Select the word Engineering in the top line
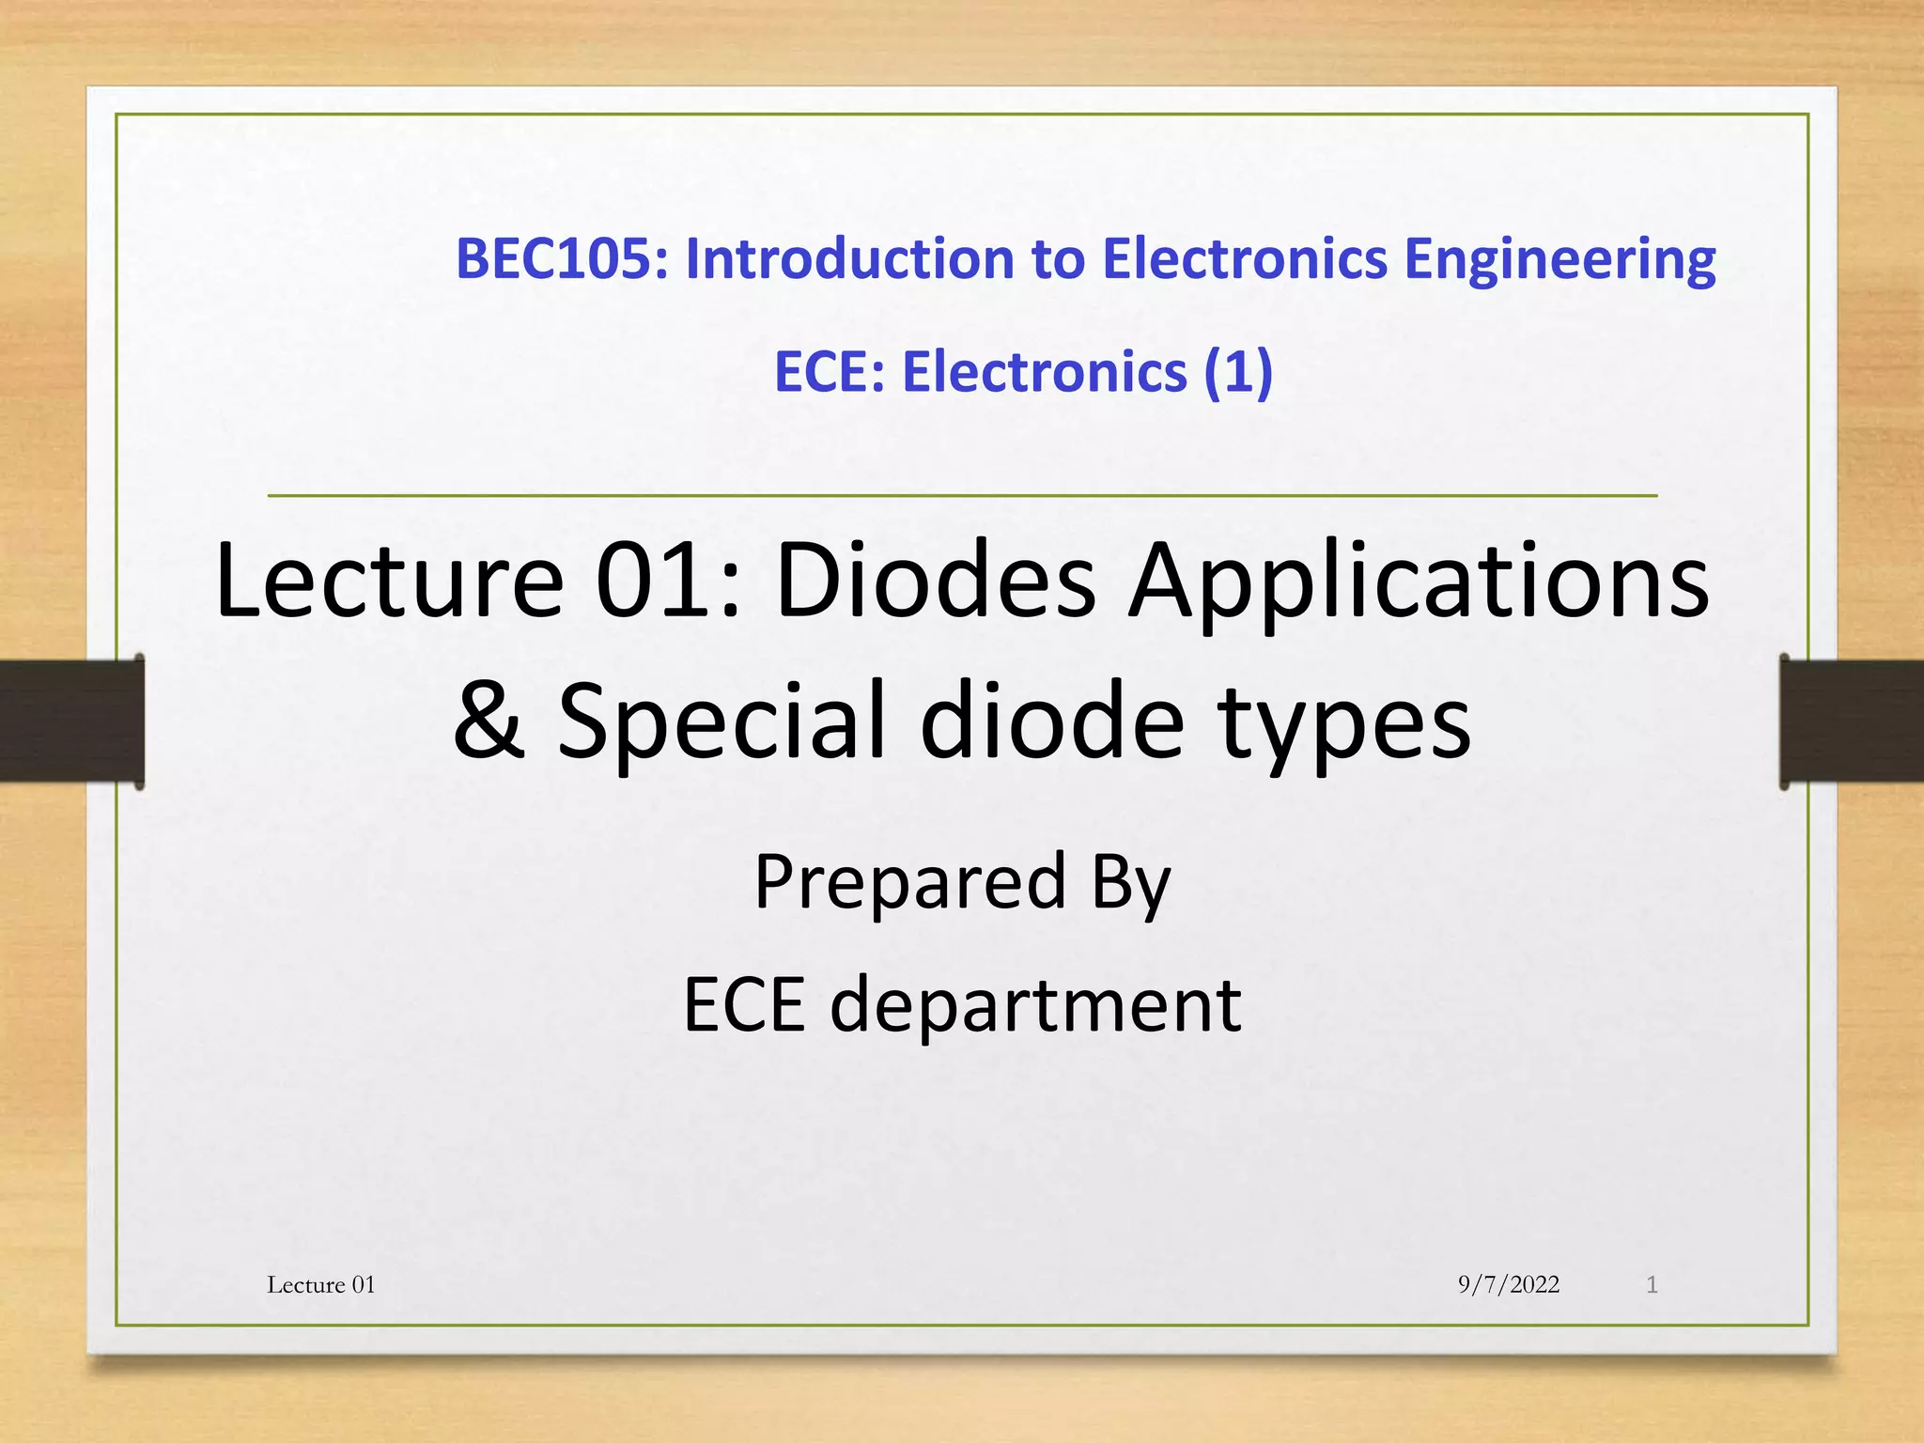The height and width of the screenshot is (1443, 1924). click(x=1559, y=260)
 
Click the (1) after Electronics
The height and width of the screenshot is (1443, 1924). click(x=1238, y=372)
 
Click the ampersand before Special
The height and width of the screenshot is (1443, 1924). click(x=488, y=721)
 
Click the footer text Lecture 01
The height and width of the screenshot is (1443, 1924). click(x=321, y=1284)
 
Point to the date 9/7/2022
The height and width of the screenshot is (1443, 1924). click(x=1508, y=1284)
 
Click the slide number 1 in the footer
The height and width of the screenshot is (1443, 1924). click(x=1652, y=1284)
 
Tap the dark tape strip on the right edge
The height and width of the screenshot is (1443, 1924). click(x=1851, y=721)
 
